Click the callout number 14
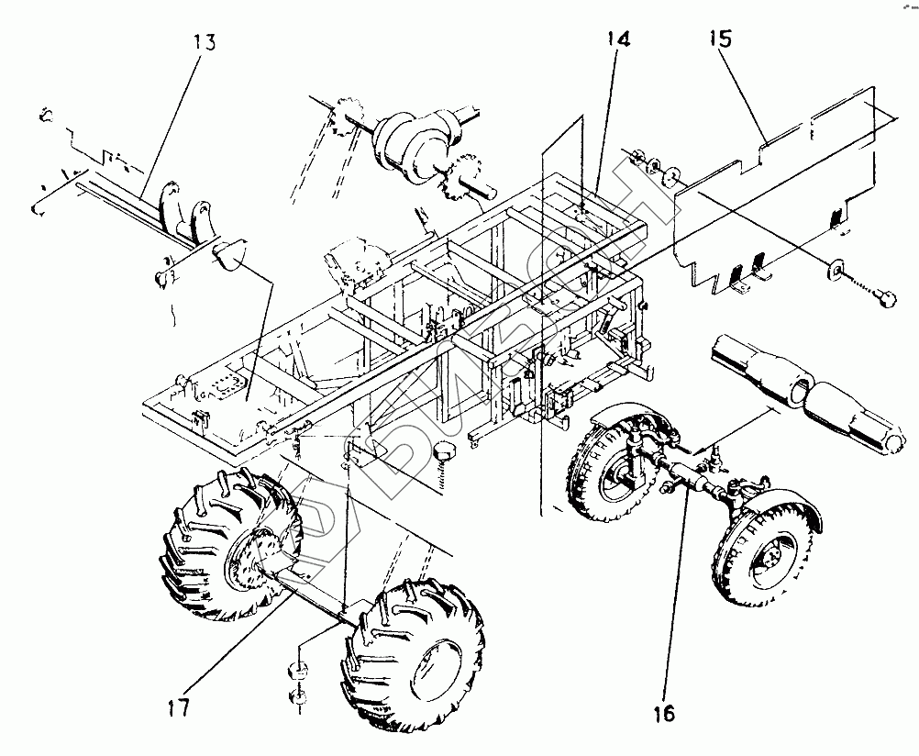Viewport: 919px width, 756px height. (617, 39)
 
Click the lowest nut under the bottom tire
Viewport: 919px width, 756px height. (298, 701)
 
